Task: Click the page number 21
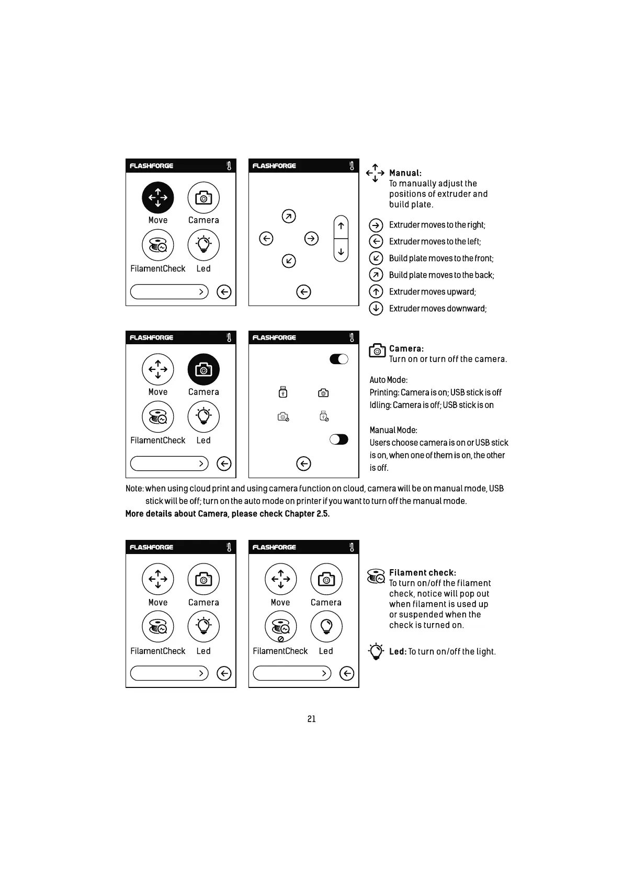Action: tap(311, 719)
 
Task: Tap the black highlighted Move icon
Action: tap(158, 198)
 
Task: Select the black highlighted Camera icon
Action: tap(203, 369)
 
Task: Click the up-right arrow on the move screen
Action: tap(289, 216)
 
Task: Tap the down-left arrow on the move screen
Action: tap(289, 261)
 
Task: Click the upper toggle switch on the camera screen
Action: tap(339, 359)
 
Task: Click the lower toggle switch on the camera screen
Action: tap(339, 439)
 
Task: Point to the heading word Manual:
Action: tap(405, 173)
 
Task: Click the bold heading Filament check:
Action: tap(422, 573)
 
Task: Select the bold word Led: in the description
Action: tap(398, 652)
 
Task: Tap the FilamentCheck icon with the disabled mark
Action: tap(281, 627)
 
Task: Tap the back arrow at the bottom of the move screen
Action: tap(303, 292)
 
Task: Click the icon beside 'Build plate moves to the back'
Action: tap(376, 275)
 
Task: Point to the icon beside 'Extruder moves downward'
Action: tap(376, 308)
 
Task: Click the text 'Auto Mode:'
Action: tap(389, 380)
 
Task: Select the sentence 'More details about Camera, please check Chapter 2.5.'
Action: tap(228, 514)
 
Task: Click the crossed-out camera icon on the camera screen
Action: tap(283, 417)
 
